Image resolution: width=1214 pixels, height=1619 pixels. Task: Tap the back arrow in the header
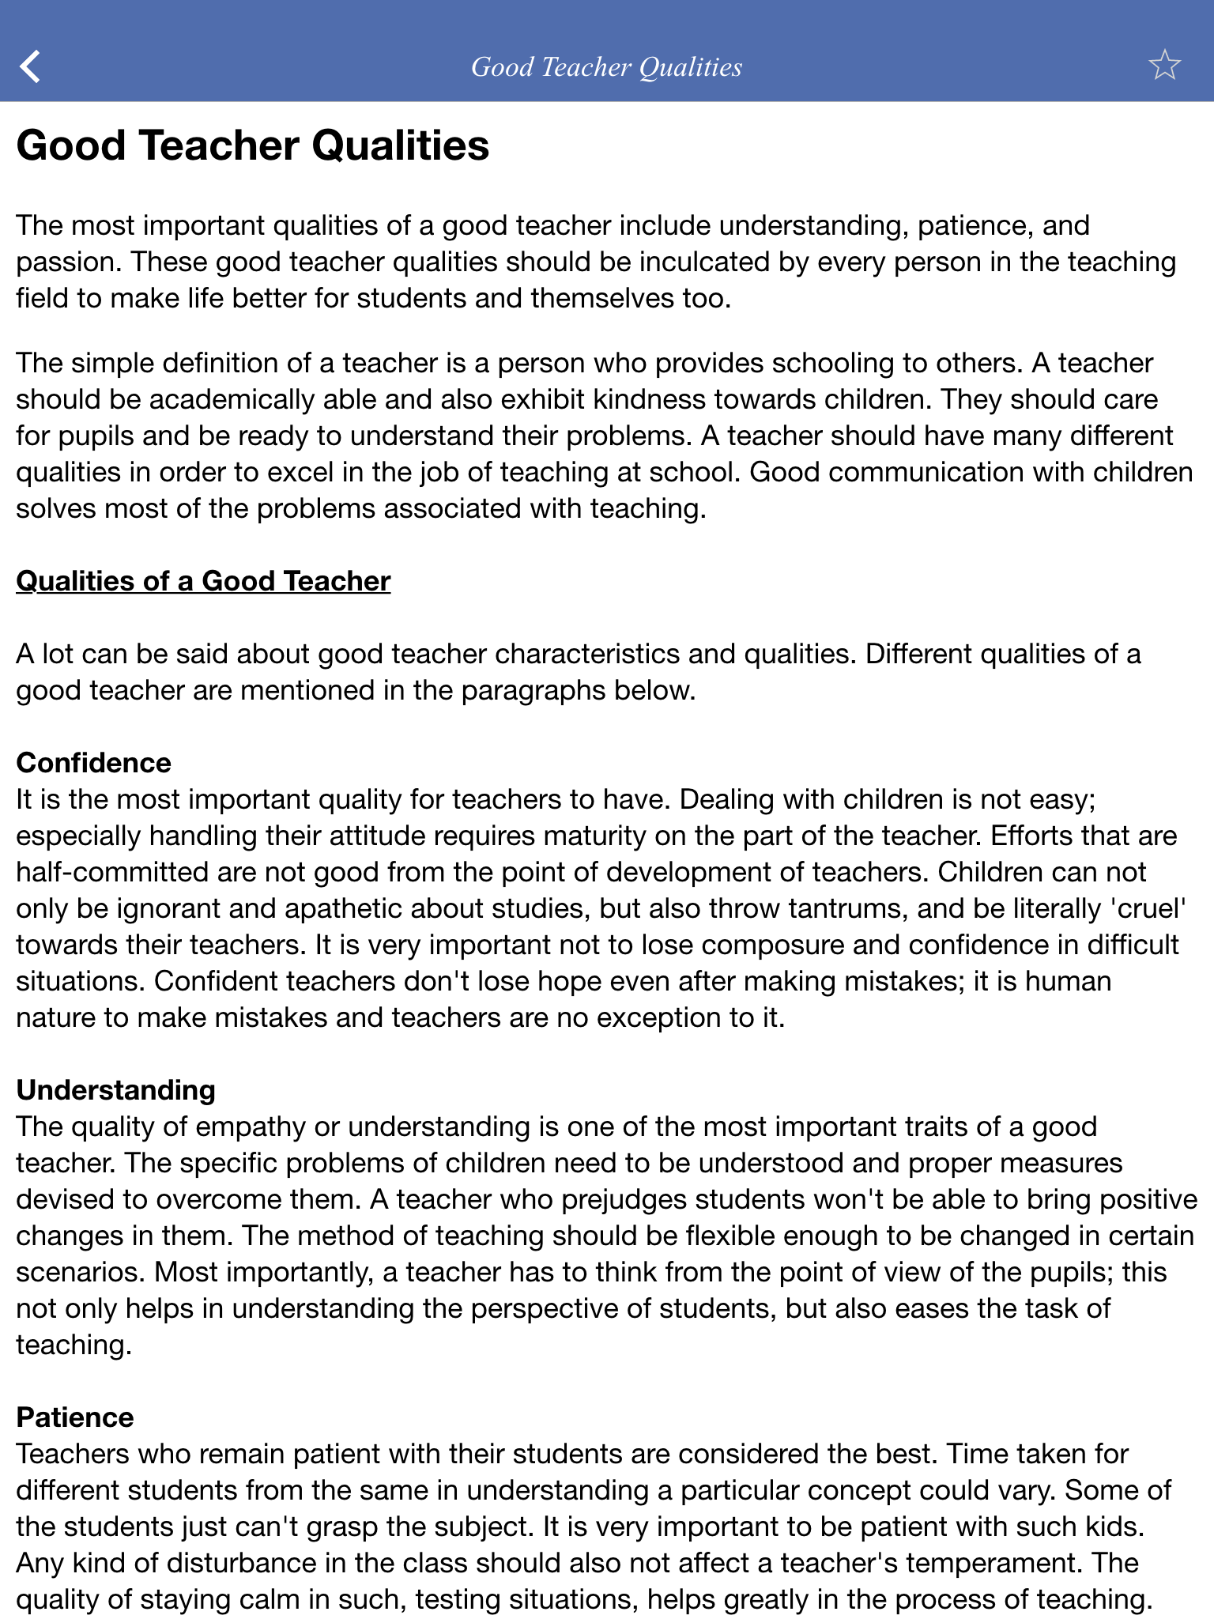pyautogui.click(x=30, y=66)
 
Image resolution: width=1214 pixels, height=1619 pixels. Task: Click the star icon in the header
pyautogui.click(x=1163, y=66)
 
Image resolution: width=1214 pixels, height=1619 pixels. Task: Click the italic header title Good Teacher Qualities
pyautogui.click(x=606, y=67)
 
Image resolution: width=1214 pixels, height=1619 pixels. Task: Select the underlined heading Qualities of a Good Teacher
pyautogui.click(x=203, y=581)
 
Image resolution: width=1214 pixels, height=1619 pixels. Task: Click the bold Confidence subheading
pyautogui.click(x=93, y=763)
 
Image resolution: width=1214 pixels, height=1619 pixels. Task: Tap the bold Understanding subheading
pyautogui.click(x=115, y=1090)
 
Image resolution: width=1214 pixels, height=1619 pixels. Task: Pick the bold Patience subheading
pyautogui.click(x=75, y=1417)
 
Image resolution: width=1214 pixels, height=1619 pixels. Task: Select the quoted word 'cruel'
pyautogui.click(x=1149, y=908)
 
